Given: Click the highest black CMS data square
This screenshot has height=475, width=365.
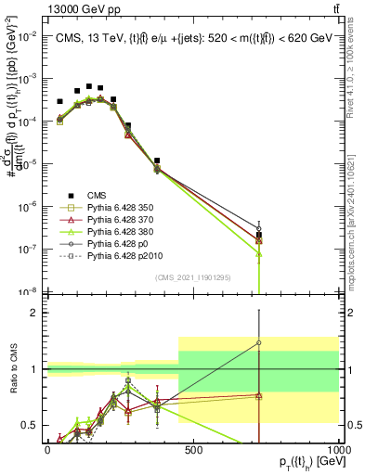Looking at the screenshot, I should [89, 86].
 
